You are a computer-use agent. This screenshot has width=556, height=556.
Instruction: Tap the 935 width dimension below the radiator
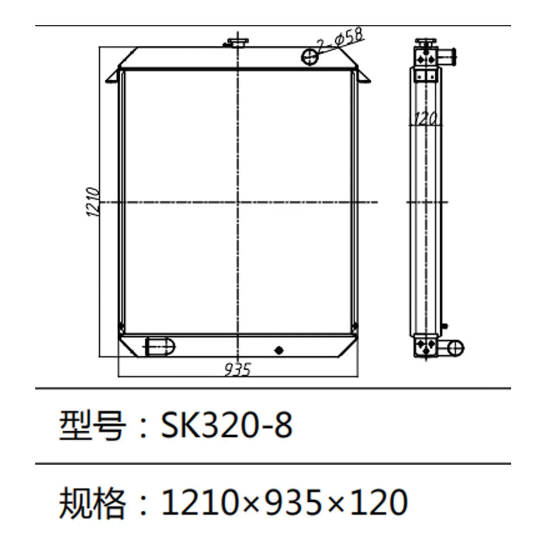point(237,370)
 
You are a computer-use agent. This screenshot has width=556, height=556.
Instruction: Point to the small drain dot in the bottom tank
point(278,350)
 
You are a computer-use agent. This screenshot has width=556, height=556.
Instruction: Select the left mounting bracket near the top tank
point(113,76)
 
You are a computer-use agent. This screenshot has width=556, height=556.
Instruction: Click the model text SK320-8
point(226,425)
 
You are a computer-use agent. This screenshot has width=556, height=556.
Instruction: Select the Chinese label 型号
point(91,425)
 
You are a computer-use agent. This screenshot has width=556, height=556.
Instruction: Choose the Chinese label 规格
point(91,502)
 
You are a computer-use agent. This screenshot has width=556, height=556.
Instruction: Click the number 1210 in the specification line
point(195,502)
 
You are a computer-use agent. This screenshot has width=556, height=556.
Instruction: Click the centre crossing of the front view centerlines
point(237,202)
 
